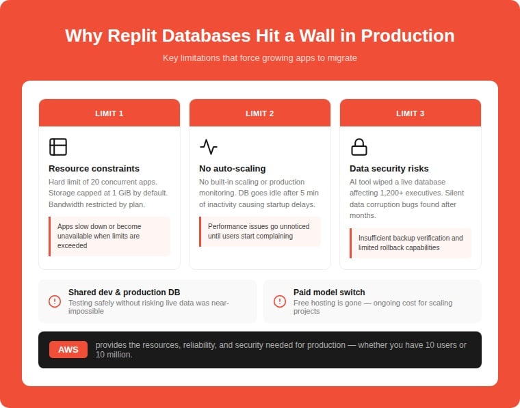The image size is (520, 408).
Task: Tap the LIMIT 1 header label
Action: pos(109,113)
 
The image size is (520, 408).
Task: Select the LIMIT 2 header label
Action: pos(260,113)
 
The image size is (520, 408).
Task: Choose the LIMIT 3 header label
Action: pos(411,113)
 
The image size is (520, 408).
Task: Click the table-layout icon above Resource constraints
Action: pos(58,147)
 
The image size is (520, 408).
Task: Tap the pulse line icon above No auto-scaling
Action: pos(209,147)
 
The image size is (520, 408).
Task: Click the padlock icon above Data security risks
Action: pos(359,147)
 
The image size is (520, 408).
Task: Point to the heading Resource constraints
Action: pos(94,168)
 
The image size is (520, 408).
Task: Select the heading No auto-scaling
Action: pos(233,168)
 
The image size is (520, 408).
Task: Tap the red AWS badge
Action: pos(68,350)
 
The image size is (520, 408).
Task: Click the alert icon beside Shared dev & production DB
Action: pos(55,301)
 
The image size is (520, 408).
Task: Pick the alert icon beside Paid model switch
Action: pos(280,301)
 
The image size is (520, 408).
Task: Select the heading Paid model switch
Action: pos(329,293)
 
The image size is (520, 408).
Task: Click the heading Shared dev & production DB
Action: pos(125,293)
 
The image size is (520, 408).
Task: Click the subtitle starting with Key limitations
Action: pos(260,58)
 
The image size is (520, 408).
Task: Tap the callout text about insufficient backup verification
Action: pos(411,243)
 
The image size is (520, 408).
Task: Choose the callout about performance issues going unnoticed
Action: pos(260,231)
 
